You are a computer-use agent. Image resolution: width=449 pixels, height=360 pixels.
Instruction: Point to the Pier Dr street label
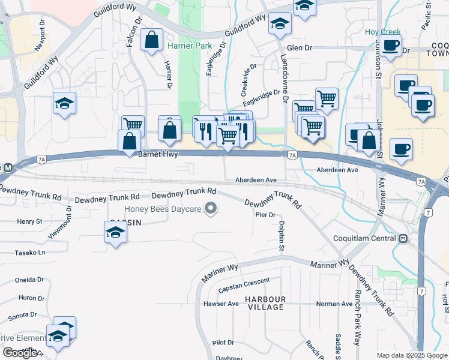pyautogui.click(x=264, y=215)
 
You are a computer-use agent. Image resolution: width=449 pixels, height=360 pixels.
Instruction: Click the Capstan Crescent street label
pyautogui.click(x=242, y=289)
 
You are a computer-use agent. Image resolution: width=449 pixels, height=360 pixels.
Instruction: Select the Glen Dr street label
pyautogui.click(x=300, y=48)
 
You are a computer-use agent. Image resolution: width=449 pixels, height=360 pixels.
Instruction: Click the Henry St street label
pyautogui.click(x=29, y=221)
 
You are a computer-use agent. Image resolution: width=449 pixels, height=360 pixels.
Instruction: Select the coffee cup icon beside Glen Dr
pyautogui.click(x=391, y=46)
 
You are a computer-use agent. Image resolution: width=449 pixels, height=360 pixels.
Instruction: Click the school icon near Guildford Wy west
pyautogui.click(x=64, y=104)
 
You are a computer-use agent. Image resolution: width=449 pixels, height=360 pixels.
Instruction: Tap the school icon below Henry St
pyautogui.click(x=115, y=233)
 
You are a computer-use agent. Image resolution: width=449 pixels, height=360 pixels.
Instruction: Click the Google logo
pyautogui.click(x=20, y=353)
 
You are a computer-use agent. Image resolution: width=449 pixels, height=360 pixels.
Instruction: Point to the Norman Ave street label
pyautogui.click(x=334, y=304)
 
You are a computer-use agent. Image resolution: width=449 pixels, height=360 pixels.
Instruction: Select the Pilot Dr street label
pyautogui.click(x=223, y=343)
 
